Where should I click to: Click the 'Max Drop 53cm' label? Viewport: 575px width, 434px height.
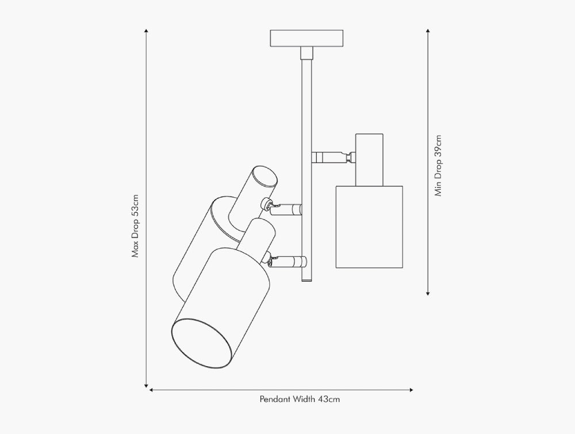(136, 226)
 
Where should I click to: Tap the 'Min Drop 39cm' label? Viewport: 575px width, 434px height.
(438, 166)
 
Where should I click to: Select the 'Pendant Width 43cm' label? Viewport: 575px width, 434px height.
(300, 399)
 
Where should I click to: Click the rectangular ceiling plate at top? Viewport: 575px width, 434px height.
(306, 39)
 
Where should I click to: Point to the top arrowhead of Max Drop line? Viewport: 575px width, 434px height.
(146, 31)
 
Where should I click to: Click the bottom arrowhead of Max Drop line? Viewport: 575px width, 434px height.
(146, 385)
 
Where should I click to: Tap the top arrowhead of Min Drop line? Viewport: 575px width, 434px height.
(428, 31)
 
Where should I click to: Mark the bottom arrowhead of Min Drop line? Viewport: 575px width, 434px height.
(428, 293)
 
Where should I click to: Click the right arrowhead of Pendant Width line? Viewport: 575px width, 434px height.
(411, 390)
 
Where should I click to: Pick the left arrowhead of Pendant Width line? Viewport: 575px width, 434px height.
(151, 390)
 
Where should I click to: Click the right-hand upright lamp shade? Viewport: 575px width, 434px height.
(369, 227)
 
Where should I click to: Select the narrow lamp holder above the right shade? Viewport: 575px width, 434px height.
(369, 160)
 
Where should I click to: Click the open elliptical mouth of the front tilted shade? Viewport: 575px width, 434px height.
(202, 343)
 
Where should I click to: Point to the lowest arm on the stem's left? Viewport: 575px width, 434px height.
(287, 262)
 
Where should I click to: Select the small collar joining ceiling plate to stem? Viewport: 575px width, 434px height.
(307, 53)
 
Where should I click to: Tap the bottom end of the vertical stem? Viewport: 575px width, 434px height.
(307, 281)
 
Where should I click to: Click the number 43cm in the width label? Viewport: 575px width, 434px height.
(329, 399)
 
